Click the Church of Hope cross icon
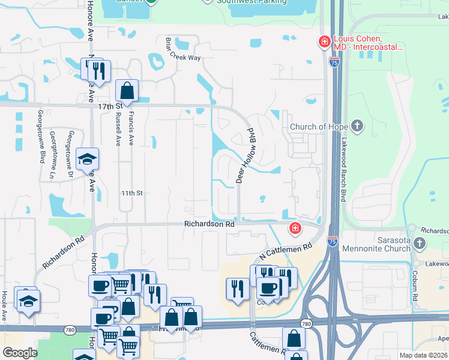357,127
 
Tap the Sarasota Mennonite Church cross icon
420,243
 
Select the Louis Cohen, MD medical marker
324,41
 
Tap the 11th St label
131,193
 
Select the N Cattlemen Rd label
286,252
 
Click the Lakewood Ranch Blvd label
344,175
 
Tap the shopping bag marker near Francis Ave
127,91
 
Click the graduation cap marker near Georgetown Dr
88,159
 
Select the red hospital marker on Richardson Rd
295,228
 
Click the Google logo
19,353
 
